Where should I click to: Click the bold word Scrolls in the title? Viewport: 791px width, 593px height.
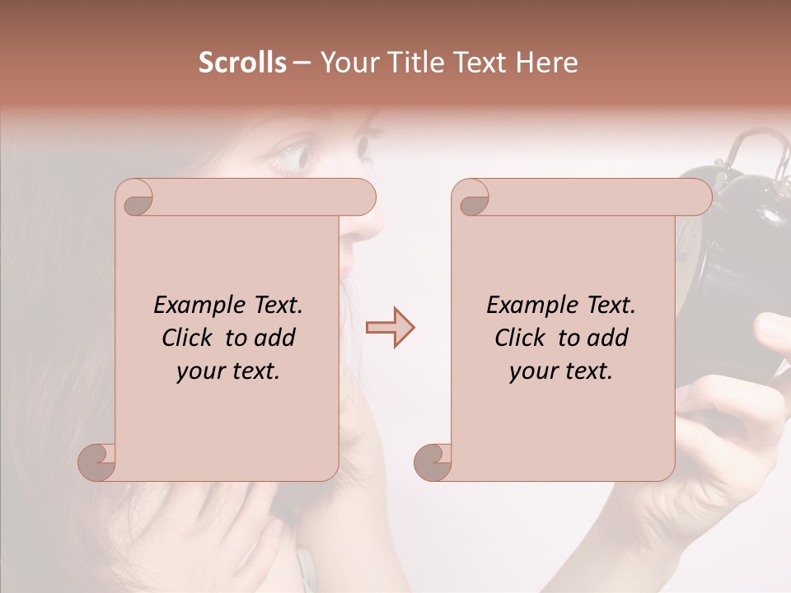coord(242,63)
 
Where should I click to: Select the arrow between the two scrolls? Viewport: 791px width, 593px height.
coord(390,327)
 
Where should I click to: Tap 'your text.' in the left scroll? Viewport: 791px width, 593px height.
coord(227,371)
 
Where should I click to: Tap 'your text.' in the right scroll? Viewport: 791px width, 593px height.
coord(560,371)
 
